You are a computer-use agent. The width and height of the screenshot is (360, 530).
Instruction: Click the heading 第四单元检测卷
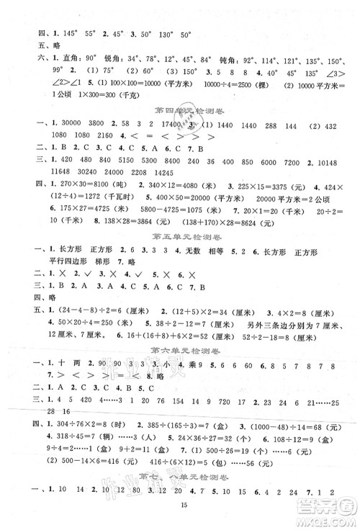[180, 110]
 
